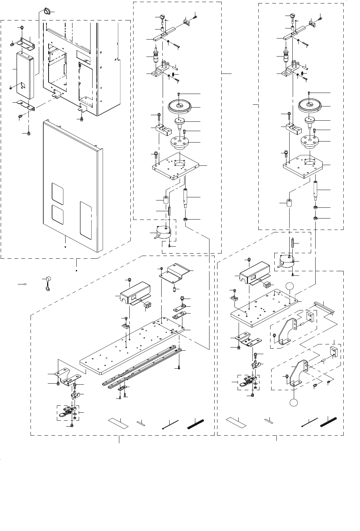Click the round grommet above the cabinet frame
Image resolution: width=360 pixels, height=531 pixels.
[x=46, y=12]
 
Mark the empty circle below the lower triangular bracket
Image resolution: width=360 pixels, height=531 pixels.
[x=294, y=403]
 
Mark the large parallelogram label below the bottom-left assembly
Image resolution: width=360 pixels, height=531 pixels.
[x=118, y=423]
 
